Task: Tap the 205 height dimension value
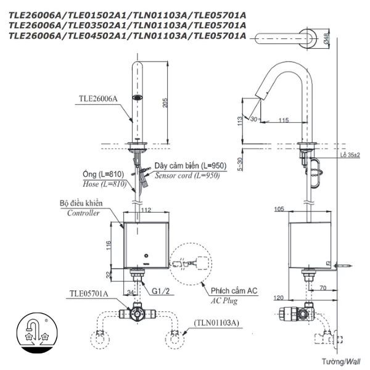(x=165, y=103)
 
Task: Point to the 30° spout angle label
(x=255, y=118)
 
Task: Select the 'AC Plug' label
(x=224, y=301)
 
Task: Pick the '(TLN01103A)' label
(x=218, y=322)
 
